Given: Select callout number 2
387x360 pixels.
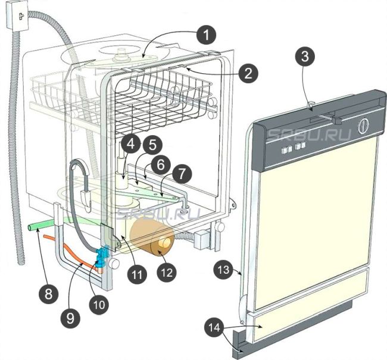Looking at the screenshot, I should [x=249, y=73].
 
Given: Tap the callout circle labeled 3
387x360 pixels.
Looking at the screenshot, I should [x=304, y=58].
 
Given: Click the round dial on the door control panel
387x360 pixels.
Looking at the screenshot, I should [x=363, y=127].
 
